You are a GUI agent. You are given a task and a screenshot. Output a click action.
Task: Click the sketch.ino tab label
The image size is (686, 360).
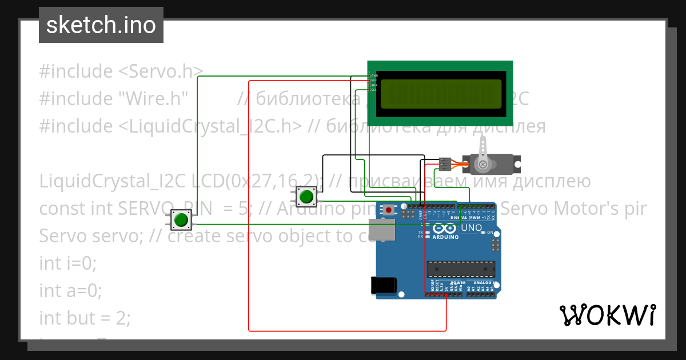[x=101, y=25]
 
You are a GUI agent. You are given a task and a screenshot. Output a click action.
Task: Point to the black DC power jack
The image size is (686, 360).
[x=383, y=285]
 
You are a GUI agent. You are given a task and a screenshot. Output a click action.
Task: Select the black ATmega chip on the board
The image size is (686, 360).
[x=461, y=269]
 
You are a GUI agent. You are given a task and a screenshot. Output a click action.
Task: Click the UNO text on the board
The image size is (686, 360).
[x=471, y=227]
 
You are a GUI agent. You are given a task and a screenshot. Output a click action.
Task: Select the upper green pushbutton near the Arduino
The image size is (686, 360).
[x=306, y=197]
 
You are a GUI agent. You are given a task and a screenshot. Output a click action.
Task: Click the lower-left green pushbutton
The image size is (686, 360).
[x=181, y=219]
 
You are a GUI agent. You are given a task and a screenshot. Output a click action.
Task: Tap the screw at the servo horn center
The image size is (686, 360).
[x=484, y=165]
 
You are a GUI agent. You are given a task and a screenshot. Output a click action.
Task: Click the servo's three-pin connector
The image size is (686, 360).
[x=445, y=164]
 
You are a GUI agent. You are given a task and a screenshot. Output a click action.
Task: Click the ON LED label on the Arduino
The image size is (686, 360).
[x=490, y=233]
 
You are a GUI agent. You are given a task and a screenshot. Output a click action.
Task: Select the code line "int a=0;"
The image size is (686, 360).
[x=70, y=291]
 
